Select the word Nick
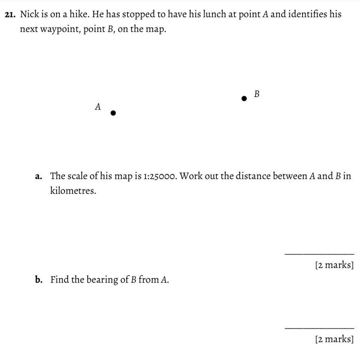coord(29,14)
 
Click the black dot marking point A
coord(113,113)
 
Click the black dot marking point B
coord(244,98)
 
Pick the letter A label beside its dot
coord(98,107)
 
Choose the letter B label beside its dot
coord(257,94)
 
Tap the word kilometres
coord(73,191)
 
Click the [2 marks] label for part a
coord(334,265)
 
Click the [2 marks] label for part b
coord(334,339)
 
